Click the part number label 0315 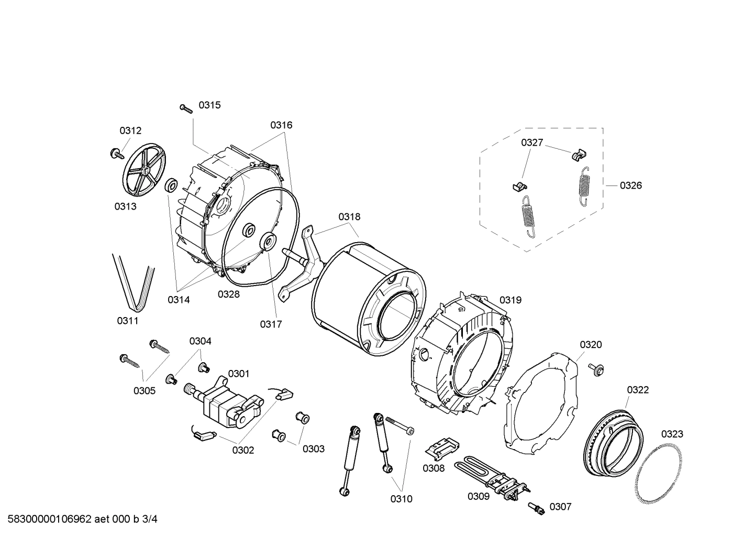click(209, 105)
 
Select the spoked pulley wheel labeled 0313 click(143, 170)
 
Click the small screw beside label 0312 click(115, 154)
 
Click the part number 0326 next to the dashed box click(630, 186)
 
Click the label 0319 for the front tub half click(510, 300)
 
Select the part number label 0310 click(401, 499)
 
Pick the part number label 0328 click(229, 295)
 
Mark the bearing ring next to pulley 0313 click(171, 185)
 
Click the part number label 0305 click(144, 390)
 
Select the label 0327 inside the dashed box click(531, 143)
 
